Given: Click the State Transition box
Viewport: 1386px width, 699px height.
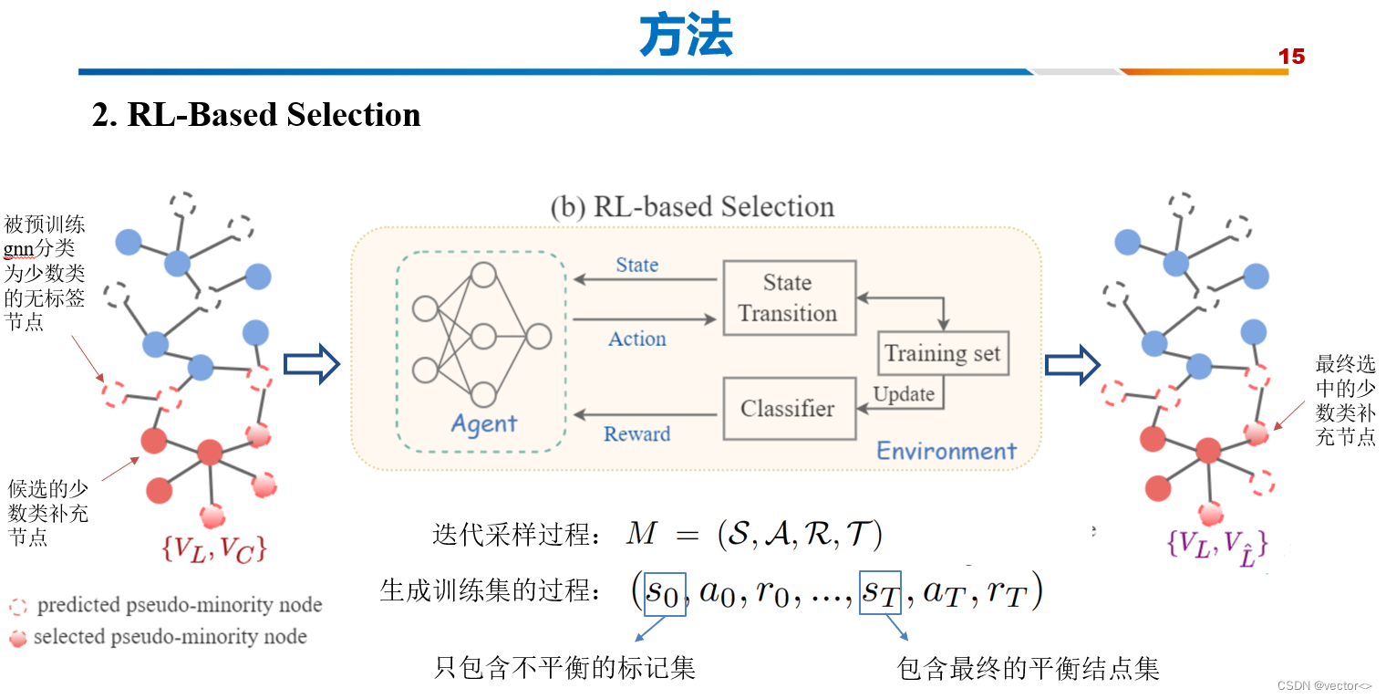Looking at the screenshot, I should [x=789, y=297].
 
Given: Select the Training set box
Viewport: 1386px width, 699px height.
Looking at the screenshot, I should [x=943, y=353].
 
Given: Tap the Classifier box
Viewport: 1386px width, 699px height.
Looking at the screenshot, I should [x=789, y=408].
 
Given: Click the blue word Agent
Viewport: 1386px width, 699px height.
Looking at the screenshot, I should [x=483, y=424].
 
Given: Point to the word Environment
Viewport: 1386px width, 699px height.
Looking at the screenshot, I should [x=946, y=451].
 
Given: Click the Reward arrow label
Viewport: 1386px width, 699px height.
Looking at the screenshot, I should [x=636, y=434].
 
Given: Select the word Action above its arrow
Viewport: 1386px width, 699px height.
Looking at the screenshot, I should [x=636, y=339].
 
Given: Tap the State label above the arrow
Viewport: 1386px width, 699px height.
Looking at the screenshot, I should [x=636, y=265].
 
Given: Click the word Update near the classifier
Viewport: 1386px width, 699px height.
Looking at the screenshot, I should [x=904, y=394].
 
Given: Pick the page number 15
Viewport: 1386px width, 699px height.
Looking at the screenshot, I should [x=1291, y=57].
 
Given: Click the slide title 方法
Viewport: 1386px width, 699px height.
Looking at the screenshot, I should [x=686, y=37].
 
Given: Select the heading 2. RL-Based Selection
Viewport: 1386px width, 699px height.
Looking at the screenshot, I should [x=256, y=115].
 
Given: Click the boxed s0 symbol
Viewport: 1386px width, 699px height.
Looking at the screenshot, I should [x=663, y=594].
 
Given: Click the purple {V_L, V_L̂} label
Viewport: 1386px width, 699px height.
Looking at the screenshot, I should [x=1216, y=544].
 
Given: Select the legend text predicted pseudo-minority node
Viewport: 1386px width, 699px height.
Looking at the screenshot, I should [x=179, y=605].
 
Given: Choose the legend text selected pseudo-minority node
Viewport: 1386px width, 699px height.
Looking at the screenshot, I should [x=170, y=637].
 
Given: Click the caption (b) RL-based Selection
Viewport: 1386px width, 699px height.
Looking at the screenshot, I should [x=692, y=207].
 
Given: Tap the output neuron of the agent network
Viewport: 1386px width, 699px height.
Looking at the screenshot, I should [x=539, y=337].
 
